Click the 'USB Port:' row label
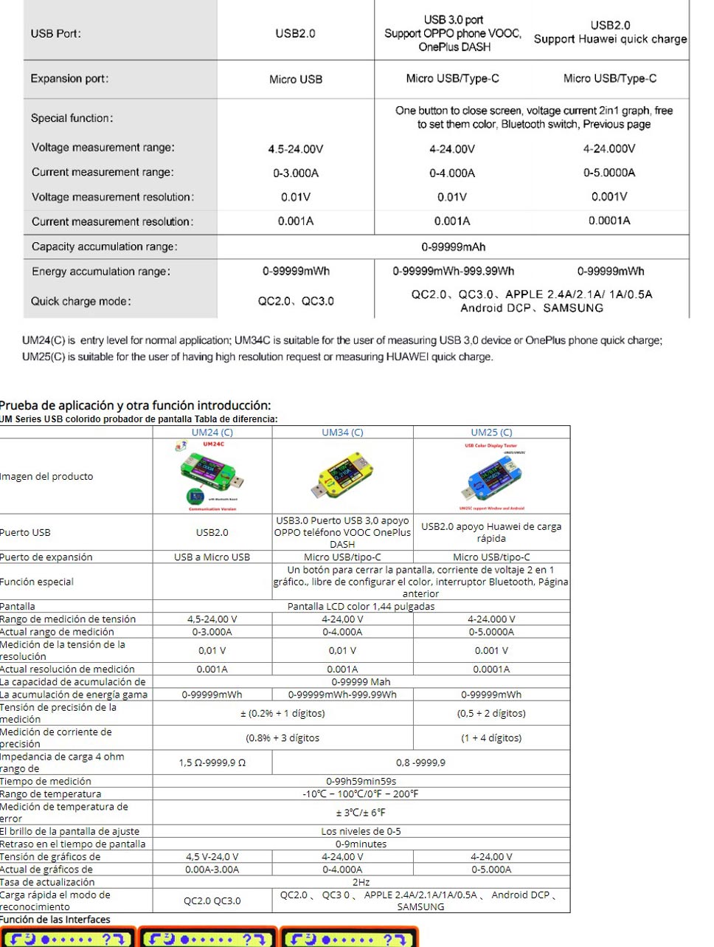[x=56, y=33]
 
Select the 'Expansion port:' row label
[x=69, y=78]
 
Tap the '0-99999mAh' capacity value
[x=453, y=247]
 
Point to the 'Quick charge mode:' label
[x=81, y=301]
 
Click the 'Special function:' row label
[x=72, y=118]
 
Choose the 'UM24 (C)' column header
[x=212, y=433]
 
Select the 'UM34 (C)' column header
[x=342, y=433]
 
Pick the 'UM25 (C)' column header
[x=491, y=433]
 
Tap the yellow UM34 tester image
[x=342, y=476]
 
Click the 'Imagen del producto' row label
[x=46, y=477]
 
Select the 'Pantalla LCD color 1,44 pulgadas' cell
[x=361, y=607]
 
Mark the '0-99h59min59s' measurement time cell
[x=361, y=781]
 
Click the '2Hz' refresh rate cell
[x=361, y=882]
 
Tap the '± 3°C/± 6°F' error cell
[x=361, y=813]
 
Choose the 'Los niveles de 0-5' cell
[x=361, y=831]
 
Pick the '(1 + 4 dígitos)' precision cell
[x=491, y=738]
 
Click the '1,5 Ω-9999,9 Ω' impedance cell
[x=212, y=762]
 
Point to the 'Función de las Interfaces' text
[x=55, y=920]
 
